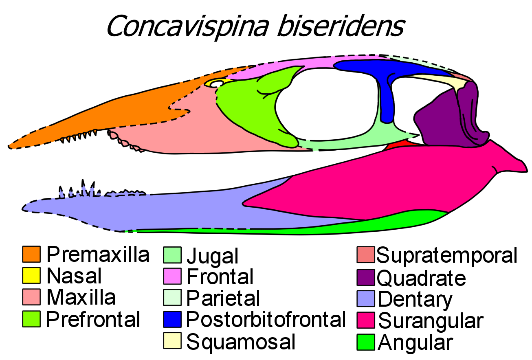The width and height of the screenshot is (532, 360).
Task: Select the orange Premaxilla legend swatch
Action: (32, 254)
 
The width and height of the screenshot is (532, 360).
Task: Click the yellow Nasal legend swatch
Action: (32, 276)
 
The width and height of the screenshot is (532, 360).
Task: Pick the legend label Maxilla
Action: (81, 297)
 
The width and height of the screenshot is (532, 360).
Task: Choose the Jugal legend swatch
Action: (172, 255)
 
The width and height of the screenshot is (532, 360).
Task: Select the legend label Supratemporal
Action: (447, 255)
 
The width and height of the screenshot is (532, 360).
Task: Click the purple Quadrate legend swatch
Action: (365, 277)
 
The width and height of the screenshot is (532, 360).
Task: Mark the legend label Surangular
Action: (431, 321)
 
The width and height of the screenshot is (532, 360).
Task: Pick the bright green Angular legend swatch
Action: (365, 342)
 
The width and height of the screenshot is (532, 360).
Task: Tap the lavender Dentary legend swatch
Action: (365, 299)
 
